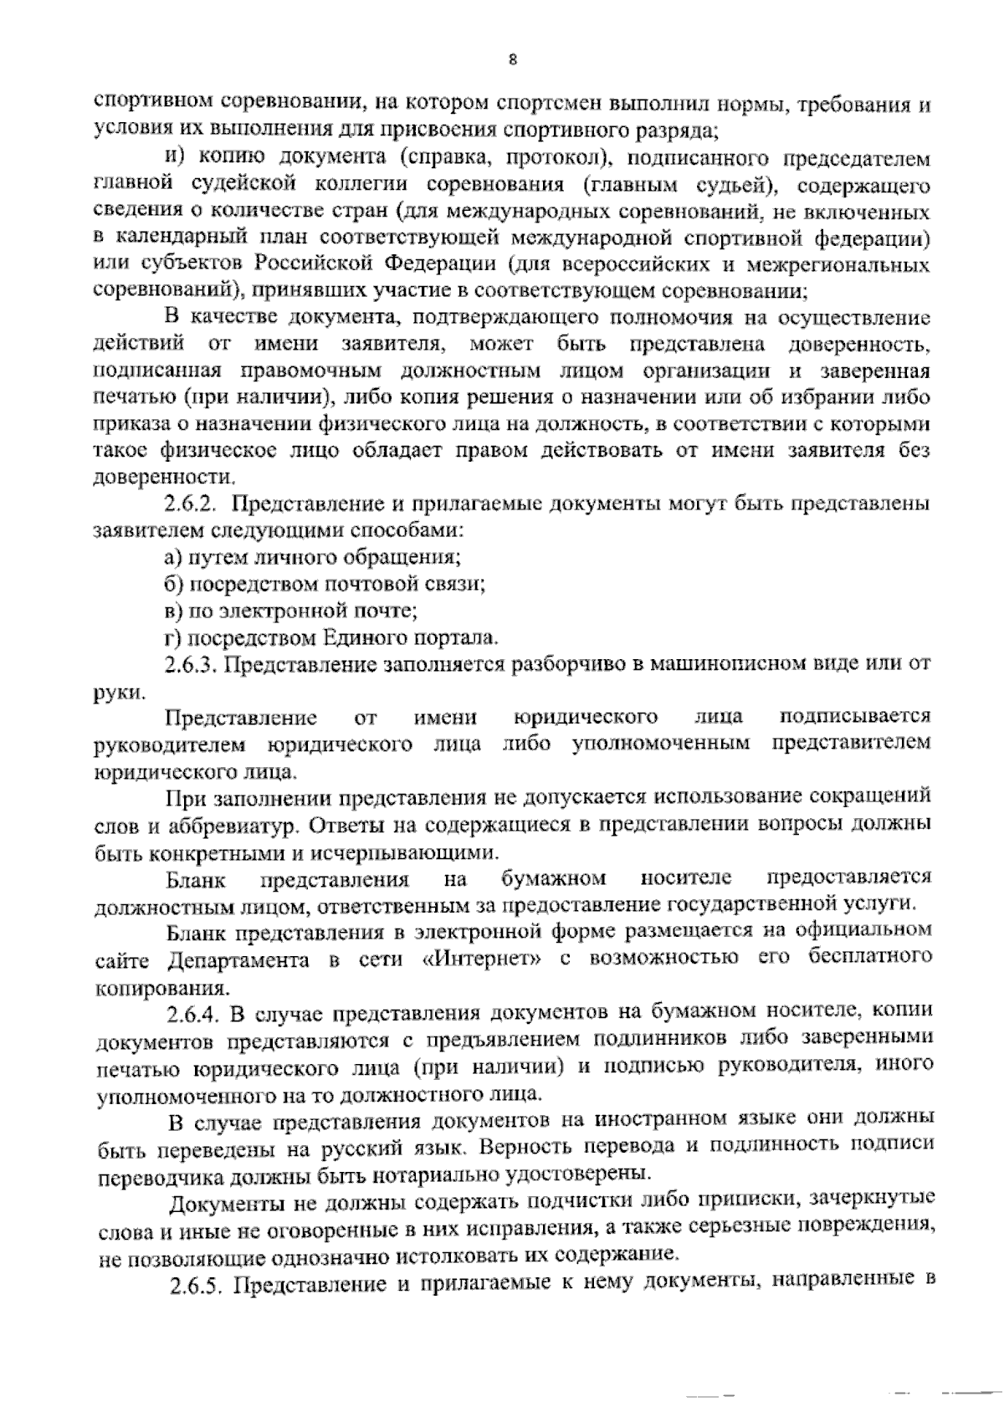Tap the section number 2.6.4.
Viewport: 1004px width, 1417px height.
pyautogui.click(x=193, y=1015)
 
